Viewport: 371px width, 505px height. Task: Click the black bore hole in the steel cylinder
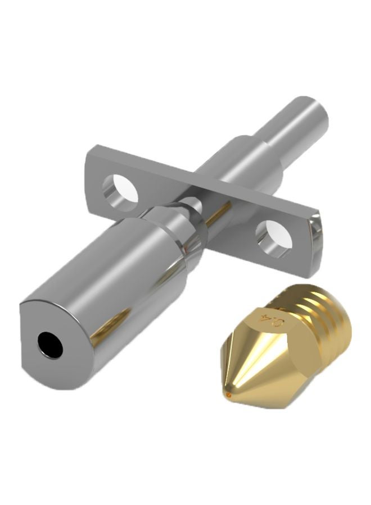coord(50,343)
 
